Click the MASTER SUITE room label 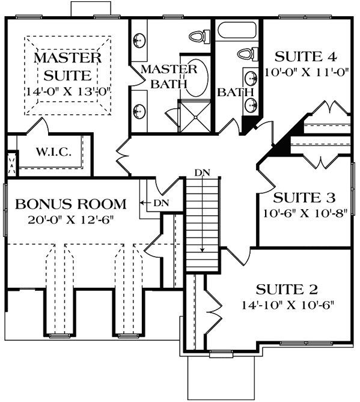[x=67, y=67]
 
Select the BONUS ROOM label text [x=71, y=203]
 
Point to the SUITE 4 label [x=305, y=57]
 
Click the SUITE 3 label [x=305, y=198]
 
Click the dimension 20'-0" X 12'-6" [x=71, y=219]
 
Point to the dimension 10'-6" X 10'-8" [x=305, y=213]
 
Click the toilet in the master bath [x=198, y=36]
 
